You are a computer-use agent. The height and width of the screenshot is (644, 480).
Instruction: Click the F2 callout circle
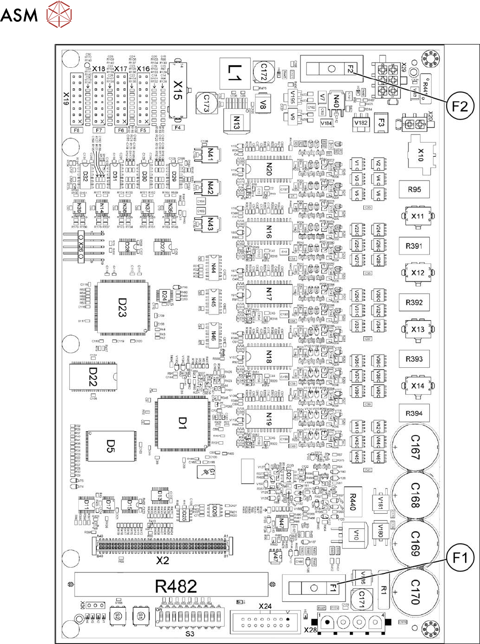(x=460, y=105)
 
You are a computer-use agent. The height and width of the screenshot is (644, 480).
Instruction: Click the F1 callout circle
(x=460, y=558)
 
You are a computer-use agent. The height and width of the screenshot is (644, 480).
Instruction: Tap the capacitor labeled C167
(x=415, y=447)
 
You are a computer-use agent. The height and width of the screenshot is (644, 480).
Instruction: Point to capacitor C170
(x=415, y=592)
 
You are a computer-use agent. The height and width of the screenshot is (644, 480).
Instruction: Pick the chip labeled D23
(x=122, y=307)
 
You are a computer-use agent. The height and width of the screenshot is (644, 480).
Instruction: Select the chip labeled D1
(x=182, y=424)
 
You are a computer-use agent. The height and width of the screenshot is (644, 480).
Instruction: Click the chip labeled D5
(x=111, y=446)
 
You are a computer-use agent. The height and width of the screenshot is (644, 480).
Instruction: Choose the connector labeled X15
(x=178, y=90)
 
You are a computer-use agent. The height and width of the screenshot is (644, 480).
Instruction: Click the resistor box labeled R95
(x=414, y=190)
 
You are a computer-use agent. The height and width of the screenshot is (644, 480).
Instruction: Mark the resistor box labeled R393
(x=414, y=359)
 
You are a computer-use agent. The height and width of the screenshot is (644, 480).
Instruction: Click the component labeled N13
(x=236, y=122)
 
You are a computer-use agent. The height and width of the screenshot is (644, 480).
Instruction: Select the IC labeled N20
(x=269, y=169)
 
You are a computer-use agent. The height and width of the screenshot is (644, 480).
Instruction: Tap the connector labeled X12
(x=417, y=273)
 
